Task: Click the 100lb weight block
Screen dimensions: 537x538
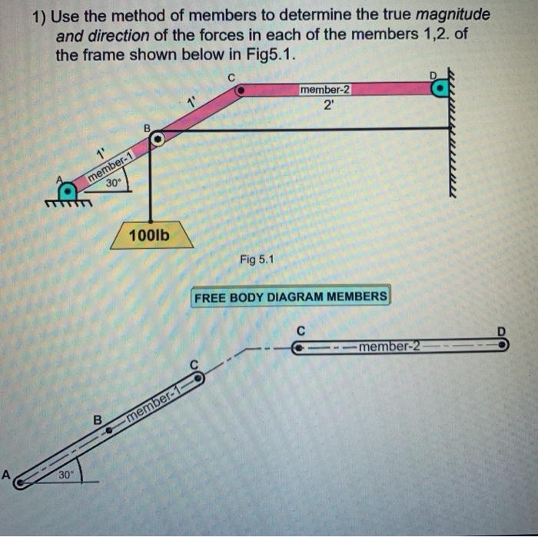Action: [151, 236]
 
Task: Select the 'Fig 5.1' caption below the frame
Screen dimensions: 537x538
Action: [256, 260]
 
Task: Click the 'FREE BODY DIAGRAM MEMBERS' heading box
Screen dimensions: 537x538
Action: [291, 297]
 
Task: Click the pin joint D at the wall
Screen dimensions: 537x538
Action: [438, 89]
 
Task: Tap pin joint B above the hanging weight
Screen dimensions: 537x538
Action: [157, 140]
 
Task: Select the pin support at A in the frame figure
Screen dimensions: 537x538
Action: [68, 188]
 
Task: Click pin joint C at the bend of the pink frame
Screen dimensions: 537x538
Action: [240, 90]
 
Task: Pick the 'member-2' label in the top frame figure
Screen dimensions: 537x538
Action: [325, 90]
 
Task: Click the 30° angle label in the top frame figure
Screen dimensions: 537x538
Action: [114, 183]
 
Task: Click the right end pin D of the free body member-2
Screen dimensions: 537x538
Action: [502, 345]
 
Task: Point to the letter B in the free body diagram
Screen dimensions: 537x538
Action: [98, 420]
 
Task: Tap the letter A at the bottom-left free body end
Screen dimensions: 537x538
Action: [6, 475]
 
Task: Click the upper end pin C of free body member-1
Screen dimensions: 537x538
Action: [198, 377]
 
